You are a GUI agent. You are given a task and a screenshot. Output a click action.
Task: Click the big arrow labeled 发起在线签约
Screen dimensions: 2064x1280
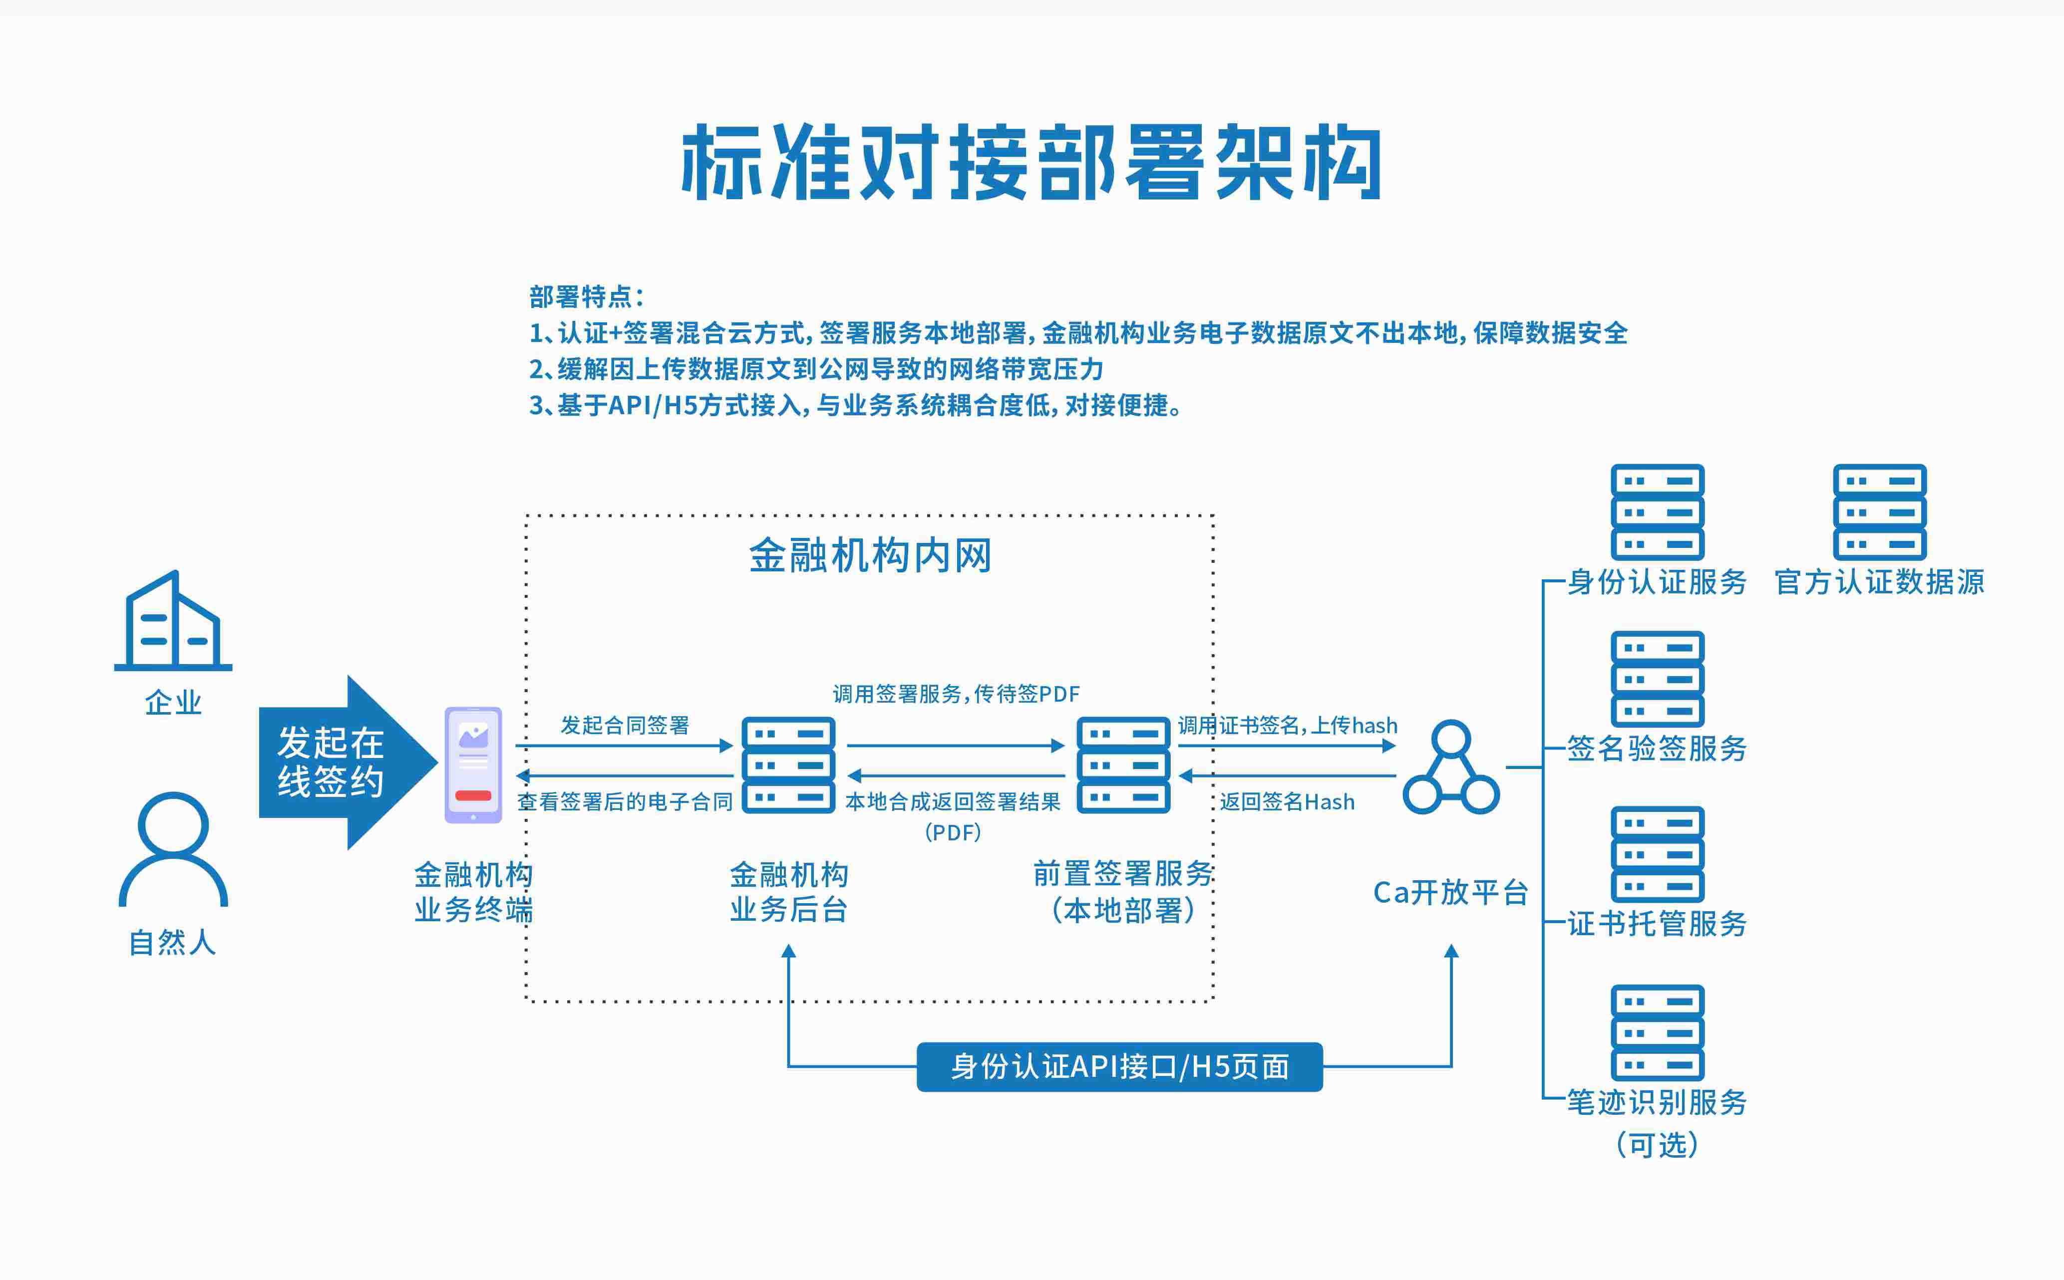tap(347, 763)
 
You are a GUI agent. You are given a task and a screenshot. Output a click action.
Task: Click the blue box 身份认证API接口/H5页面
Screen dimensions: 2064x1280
tap(1120, 1067)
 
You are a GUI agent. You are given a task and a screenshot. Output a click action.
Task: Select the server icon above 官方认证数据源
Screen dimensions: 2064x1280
tap(1879, 512)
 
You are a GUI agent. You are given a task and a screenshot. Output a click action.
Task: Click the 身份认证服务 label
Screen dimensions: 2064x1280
tap(1657, 582)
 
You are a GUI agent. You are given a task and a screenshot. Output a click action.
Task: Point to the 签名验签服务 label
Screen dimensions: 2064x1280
tap(1657, 749)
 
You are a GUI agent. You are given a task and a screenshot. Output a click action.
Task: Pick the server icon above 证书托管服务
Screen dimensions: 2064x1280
tap(1658, 854)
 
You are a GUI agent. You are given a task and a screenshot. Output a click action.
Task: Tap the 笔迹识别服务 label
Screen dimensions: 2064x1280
tap(1657, 1102)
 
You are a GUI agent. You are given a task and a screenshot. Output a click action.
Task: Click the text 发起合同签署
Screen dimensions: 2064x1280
tap(625, 726)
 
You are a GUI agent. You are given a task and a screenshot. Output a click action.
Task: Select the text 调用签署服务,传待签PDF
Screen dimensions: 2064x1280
tap(956, 694)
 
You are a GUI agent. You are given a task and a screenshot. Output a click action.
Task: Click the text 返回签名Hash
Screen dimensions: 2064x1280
tap(1287, 802)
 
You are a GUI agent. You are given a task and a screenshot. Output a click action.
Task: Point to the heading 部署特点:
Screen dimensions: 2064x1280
tap(587, 297)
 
